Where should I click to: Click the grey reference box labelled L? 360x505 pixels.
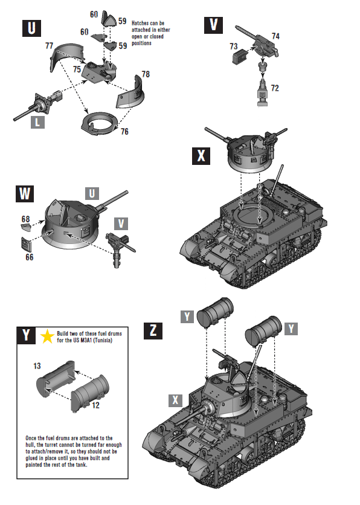pyautogui.click(x=38, y=123)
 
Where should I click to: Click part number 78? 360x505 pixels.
pyautogui.click(x=145, y=74)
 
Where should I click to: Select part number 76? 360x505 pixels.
pyautogui.click(x=124, y=132)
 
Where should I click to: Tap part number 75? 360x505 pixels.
pyautogui.click(x=77, y=69)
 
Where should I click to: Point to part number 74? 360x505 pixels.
pyautogui.click(x=275, y=36)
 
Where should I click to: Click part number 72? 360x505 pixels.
pyautogui.click(x=275, y=88)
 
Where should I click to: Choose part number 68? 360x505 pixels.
pyautogui.click(x=25, y=218)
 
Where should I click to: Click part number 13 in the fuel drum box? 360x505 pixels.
pyautogui.click(x=37, y=366)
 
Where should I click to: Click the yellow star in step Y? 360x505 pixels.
pyautogui.click(x=47, y=337)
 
